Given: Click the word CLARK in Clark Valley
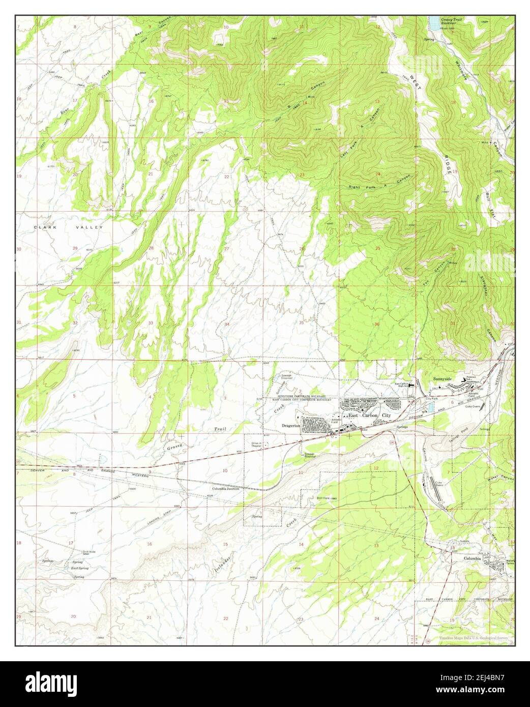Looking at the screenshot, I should click(x=44, y=227).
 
